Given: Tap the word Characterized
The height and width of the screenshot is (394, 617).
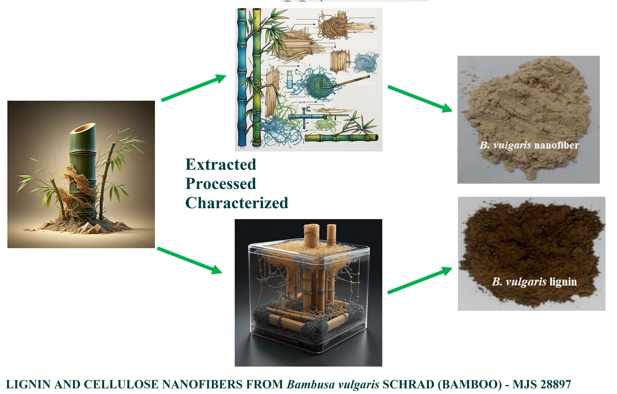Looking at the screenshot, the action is point(237,203).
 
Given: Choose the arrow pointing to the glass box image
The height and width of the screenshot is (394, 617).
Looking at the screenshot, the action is point(190,260).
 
